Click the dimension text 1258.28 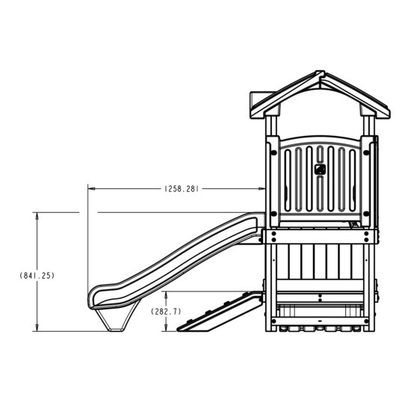point(180,190)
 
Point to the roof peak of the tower point(320,75)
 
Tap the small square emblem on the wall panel point(320,168)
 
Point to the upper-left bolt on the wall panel point(274,149)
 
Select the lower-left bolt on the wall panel point(274,214)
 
